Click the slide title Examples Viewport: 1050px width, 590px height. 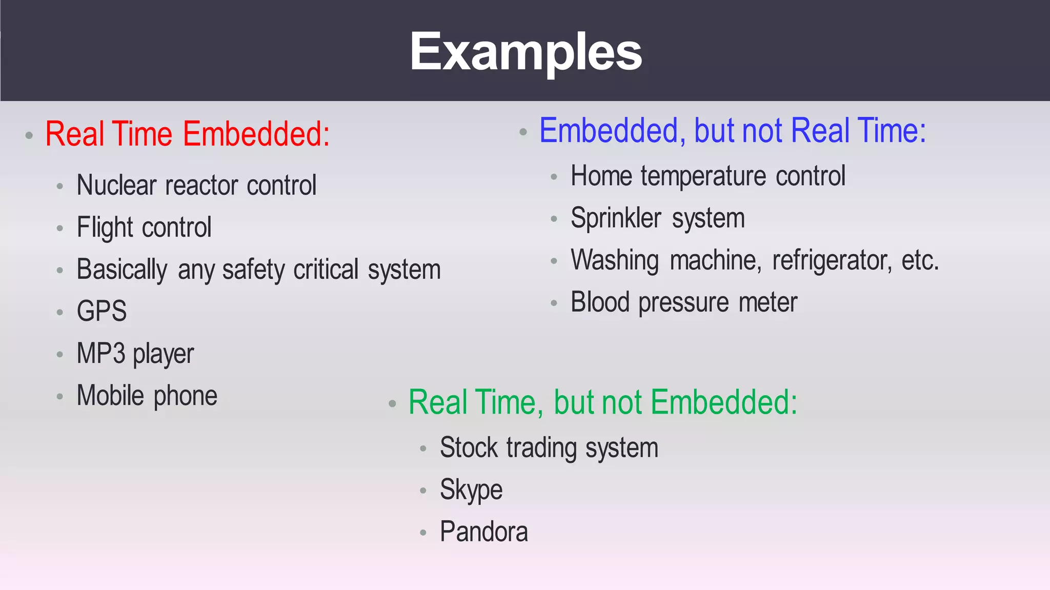526,51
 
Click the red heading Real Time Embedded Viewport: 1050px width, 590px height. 187,134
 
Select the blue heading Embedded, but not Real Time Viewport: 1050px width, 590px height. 732,131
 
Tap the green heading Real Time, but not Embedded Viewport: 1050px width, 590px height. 602,402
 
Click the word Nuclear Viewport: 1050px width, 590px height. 116,185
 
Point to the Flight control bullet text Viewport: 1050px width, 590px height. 144,227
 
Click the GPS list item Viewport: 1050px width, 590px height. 102,311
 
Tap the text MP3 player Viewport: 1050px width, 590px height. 135,354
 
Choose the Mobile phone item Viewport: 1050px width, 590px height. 147,396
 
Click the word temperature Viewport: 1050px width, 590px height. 703,176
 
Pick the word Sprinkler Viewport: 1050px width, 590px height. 616,218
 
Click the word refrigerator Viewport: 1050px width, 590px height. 832,260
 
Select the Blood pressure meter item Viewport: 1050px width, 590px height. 684,302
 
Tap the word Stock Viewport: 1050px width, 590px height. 469,447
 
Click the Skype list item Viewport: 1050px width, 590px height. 471,490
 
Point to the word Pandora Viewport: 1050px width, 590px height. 483,532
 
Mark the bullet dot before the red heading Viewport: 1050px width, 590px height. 29,136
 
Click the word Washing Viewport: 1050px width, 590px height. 614,260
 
